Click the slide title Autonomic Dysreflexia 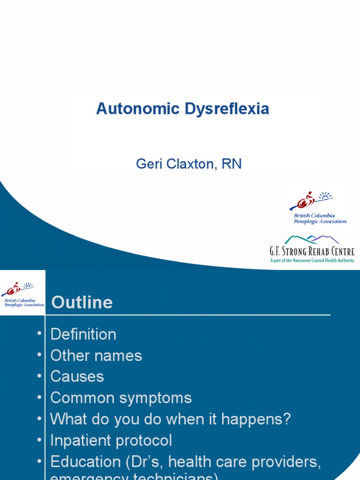click(182, 109)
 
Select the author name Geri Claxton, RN click(188, 164)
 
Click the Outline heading click(82, 302)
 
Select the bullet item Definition click(83, 334)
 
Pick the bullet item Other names click(96, 355)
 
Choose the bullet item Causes click(77, 376)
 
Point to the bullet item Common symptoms click(121, 397)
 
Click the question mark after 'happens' click(287, 419)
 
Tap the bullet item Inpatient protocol click(111, 440)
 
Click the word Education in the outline click(86, 462)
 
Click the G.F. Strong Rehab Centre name click(312, 251)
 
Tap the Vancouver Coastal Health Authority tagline click(312, 261)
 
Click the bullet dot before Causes click(38, 377)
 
